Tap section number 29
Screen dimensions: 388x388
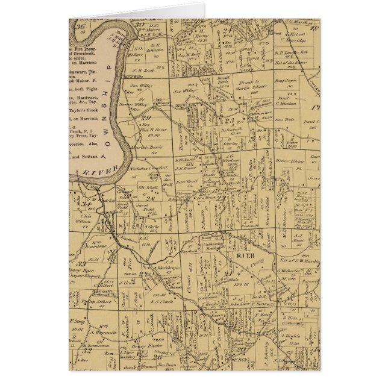point(145,118)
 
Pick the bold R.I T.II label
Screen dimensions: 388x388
point(246,256)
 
